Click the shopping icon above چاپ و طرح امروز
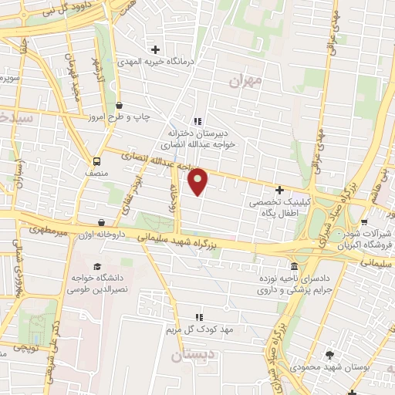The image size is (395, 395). click(x=119, y=105)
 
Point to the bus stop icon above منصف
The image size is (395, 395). click(x=97, y=162)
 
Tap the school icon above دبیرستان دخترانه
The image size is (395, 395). click(x=197, y=120)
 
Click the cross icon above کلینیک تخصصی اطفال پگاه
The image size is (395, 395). click(x=280, y=190)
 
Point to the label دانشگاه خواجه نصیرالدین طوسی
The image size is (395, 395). click(x=82, y=283)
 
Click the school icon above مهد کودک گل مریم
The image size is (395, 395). click(x=199, y=316)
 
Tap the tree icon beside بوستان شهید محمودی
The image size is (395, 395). click(x=331, y=355)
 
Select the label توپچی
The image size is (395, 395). click(x=24, y=348)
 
